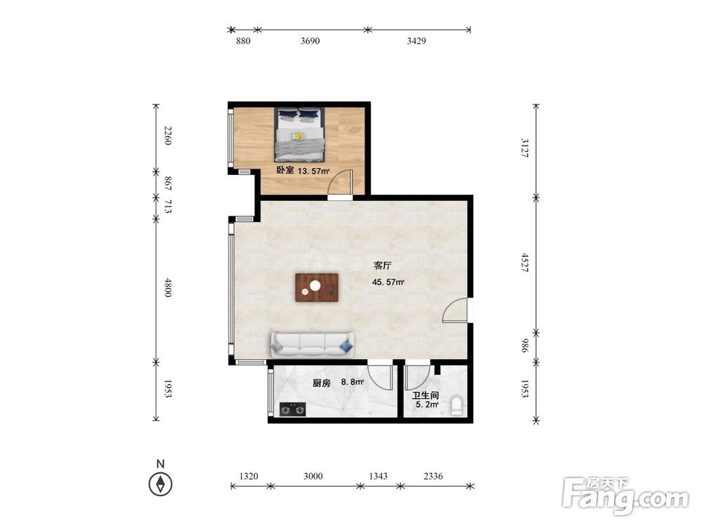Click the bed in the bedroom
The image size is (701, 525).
coord(299,134)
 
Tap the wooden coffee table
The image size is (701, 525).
coord(317,288)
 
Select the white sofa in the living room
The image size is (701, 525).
coord(312,344)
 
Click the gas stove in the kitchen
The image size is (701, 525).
coord(293,409)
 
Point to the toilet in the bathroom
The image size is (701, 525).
coord(456,405)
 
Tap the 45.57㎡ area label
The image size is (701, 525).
coord(388,282)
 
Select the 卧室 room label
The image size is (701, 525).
coord(285,170)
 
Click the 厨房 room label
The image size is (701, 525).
coord(321,383)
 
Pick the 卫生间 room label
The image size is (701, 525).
coord(426,395)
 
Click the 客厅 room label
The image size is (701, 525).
coord(382,265)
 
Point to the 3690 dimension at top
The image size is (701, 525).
coord(310,41)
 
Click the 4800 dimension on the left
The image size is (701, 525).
coord(168,287)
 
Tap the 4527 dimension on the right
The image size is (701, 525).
coord(525,262)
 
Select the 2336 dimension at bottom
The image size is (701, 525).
coord(433,476)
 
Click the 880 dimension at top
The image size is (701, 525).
coord(243,41)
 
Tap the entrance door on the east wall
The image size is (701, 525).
coord(456,310)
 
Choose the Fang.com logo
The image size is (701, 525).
coord(625,496)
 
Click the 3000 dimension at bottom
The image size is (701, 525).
coord(313,476)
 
